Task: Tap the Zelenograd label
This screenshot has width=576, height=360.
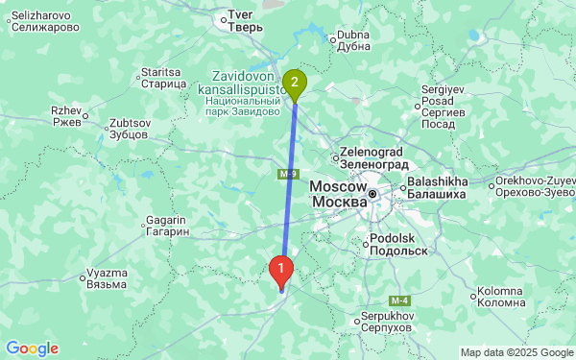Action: coord(375,157)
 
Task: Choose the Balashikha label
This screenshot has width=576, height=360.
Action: coord(437,187)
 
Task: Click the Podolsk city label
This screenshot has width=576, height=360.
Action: coord(396,244)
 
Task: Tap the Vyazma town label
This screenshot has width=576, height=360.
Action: coord(105,278)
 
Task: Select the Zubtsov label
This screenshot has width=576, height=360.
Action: coord(129,129)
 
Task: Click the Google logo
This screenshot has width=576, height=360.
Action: coord(32,348)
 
